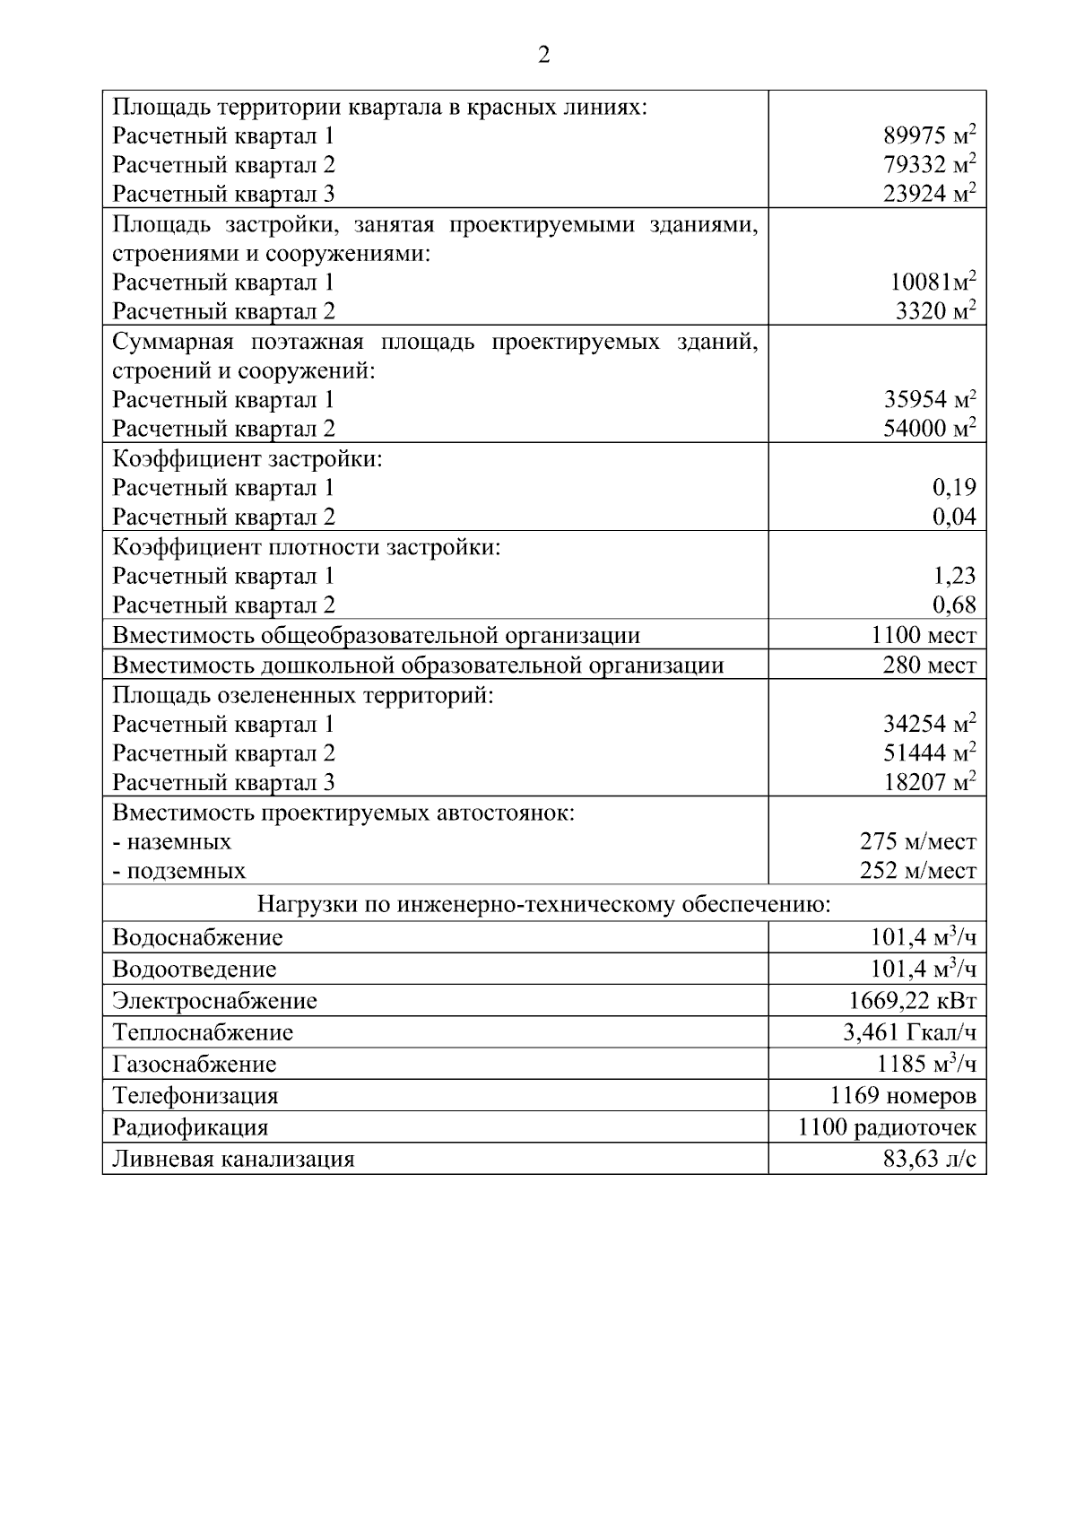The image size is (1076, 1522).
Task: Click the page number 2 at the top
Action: click(x=543, y=56)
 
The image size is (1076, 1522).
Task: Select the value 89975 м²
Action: click(x=929, y=136)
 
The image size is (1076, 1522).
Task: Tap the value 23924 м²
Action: click(x=929, y=194)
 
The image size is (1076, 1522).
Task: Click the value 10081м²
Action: click(x=933, y=283)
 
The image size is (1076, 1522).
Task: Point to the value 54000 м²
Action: click(x=929, y=428)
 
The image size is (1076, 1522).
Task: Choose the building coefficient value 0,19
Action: click(x=954, y=488)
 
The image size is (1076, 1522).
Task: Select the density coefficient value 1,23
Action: click(x=954, y=576)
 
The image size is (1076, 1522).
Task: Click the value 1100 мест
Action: click(x=924, y=635)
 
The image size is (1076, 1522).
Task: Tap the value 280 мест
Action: click(x=929, y=665)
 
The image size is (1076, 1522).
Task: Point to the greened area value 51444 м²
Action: click(x=929, y=752)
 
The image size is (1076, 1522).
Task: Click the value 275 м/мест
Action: click(x=917, y=841)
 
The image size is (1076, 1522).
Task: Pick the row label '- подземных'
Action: click(x=179, y=871)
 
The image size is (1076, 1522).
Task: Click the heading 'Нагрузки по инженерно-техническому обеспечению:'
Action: click(x=543, y=904)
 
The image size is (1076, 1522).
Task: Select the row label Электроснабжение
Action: click(x=214, y=1001)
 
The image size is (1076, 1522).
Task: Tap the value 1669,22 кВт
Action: click(x=912, y=1000)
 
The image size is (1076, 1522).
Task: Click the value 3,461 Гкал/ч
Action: click(x=909, y=1032)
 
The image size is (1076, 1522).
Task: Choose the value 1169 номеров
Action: click(x=903, y=1095)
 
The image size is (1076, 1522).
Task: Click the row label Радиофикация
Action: click(x=190, y=1127)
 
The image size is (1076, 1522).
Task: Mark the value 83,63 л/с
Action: click(x=929, y=1159)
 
